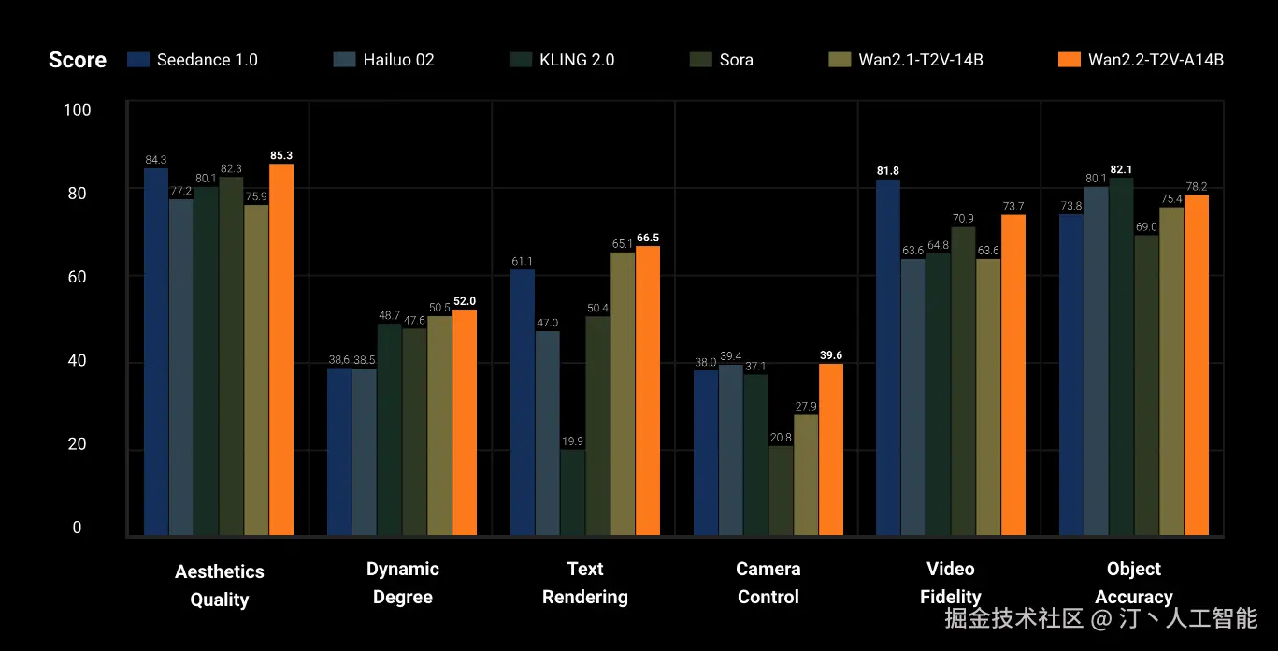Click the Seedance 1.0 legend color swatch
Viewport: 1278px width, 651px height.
(138, 59)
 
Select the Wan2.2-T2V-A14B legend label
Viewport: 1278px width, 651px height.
(1156, 60)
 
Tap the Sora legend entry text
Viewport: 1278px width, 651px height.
(736, 60)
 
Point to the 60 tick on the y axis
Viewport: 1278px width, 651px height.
(77, 277)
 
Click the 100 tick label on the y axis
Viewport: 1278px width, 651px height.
(77, 109)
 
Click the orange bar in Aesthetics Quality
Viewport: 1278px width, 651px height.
(281, 350)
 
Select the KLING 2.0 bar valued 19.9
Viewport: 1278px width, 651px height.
(572, 492)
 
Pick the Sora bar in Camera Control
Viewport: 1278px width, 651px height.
(781, 490)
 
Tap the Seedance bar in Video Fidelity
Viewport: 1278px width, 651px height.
(888, 357)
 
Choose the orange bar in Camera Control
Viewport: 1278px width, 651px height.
(831, 449)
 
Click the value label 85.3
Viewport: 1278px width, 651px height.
(281, 155)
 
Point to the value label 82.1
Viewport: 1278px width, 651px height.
(1121, 169)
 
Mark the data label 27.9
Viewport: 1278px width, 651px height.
(806, 407)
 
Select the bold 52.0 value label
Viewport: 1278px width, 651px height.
(465, 301)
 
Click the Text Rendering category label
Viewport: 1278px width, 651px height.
(585, 583)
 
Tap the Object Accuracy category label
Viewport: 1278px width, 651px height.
(1134, 583)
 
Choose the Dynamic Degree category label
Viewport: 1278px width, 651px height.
(402, 583)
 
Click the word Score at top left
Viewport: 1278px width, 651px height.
(78, 60)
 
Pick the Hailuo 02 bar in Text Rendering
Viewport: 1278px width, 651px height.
(547, 433)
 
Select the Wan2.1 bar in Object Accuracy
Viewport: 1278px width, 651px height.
(1171, 371)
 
